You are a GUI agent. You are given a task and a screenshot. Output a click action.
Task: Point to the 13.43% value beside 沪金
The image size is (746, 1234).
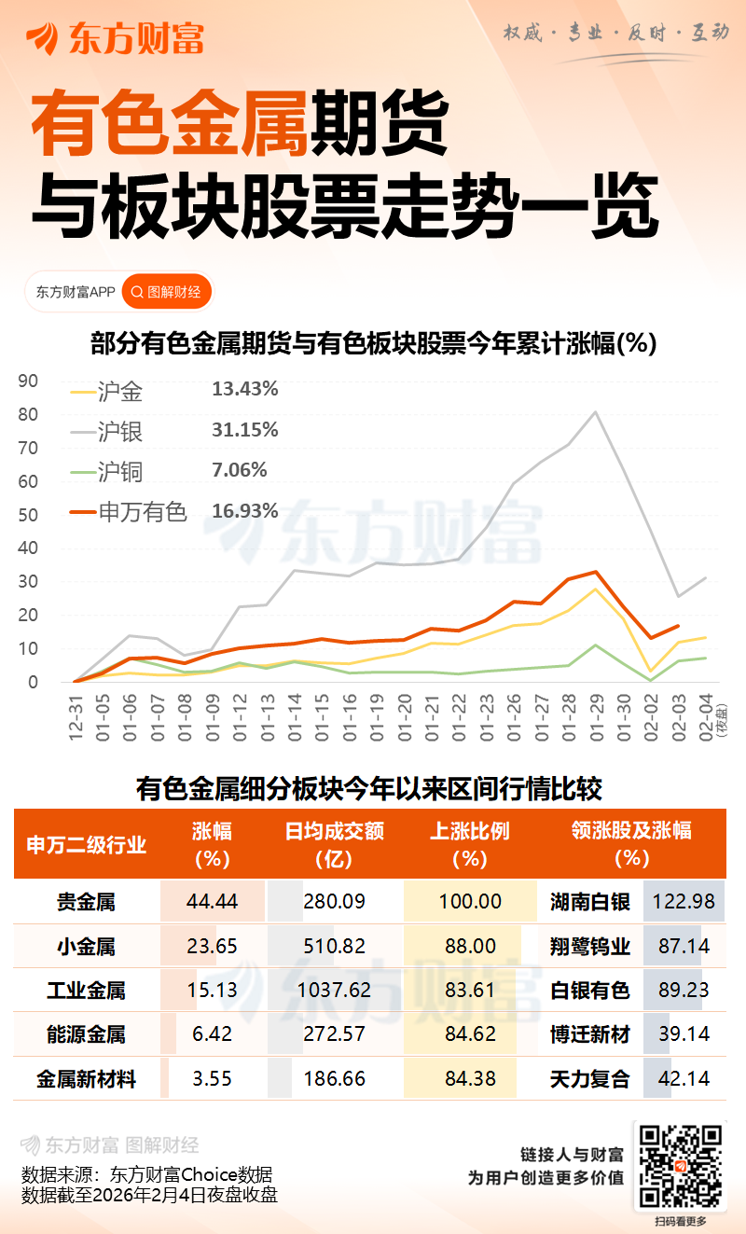coord(244,390)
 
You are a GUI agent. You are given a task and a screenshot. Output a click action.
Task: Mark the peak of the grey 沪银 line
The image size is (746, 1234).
coord(596,412)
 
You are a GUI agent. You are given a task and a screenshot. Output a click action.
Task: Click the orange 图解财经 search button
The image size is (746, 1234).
coord(166,292)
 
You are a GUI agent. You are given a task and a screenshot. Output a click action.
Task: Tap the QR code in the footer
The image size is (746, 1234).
coord(680,1166)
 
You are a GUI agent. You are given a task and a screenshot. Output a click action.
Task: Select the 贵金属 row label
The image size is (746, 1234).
coord(86,902)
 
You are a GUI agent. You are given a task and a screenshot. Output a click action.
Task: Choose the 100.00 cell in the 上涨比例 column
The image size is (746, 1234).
coord(470,902)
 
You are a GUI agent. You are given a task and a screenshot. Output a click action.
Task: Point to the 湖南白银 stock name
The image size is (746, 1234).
coord(589,902)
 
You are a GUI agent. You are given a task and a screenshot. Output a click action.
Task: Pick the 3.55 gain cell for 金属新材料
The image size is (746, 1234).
coord(214,1079)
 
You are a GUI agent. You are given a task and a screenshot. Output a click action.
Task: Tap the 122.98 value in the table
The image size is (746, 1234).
coord(684,902)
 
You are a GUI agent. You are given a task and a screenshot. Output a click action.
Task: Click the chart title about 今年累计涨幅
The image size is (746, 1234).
coord(373,343)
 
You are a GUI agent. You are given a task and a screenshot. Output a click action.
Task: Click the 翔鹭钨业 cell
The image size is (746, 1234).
coord(589,947)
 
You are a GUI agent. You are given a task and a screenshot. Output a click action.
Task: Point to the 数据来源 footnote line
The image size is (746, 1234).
coord(146,1174)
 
